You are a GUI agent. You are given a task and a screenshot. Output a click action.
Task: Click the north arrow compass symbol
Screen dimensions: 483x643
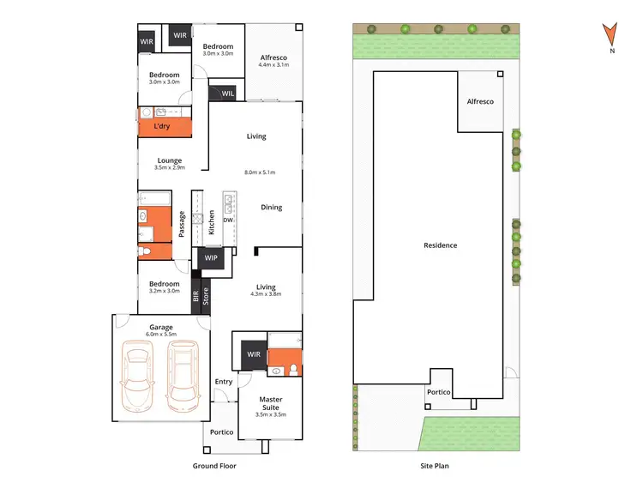(x=610, y=35)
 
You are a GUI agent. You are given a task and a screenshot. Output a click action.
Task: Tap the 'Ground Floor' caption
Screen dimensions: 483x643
(x=214, y=466)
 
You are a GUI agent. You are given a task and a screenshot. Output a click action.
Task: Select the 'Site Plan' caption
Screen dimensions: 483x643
(x=435, y=466)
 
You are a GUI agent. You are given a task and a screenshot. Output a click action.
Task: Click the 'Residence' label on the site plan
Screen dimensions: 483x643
(x=440, y=245)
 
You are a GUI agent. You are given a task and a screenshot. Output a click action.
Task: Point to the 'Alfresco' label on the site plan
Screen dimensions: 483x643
(x=480, y=101)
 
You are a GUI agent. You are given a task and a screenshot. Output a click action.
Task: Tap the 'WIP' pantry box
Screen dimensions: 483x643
(x=212, y=258)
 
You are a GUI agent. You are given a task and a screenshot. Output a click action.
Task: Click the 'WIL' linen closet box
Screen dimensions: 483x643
(x=228, y=93)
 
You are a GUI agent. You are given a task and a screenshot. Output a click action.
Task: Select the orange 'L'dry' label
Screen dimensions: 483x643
(x=162, y=127)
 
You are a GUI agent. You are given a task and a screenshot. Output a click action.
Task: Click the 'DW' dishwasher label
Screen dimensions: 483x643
(x=228, y=220)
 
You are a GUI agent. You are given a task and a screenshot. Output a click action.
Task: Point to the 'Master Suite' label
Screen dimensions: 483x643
(x=271, y=403)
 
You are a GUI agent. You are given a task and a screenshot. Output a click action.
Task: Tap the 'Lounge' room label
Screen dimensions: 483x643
(x=170, y=160)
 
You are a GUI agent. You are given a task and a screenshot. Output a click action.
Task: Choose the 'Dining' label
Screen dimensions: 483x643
(x=271, y=208)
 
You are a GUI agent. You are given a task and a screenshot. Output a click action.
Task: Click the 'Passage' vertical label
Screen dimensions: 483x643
(x=182, y=224)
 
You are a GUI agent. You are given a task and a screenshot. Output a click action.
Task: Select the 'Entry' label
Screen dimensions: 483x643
(x=224, y=382)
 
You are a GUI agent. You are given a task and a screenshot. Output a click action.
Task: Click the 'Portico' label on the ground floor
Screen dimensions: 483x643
(x=222, y=432)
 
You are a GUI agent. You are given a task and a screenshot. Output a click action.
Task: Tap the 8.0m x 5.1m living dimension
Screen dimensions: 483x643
(x=259, y=172)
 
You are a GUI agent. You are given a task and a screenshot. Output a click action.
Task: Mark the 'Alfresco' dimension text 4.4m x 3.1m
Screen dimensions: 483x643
(x=274, y=64)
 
